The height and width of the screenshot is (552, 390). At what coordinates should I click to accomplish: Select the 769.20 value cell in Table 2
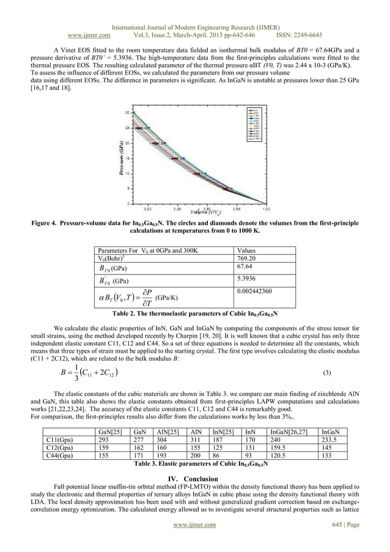coord(247,259)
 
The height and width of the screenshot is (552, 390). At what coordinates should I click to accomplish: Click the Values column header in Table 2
coord(247,251)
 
